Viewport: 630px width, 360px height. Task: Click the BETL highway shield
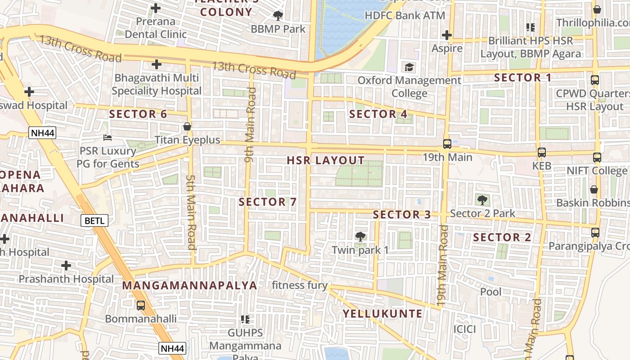tap(95, 220)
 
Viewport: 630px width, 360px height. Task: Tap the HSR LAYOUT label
tap(326, 161)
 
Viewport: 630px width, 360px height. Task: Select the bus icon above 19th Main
tap(447, 144)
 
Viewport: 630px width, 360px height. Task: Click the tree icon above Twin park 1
tap(360, 237)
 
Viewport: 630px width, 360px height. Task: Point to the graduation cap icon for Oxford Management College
tap(409, 67)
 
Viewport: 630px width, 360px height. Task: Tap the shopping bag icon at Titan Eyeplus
tap(187, 127)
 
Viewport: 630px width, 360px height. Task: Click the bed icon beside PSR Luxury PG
tap(107, 138)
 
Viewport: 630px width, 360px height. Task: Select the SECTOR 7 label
tap(268, 202)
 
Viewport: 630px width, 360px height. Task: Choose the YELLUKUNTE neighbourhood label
tap(383, 314)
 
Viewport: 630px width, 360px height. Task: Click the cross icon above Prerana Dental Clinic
tap(156, 8)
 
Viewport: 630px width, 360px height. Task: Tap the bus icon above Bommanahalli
tap(141, 306)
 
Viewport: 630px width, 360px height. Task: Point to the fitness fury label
tap(300, 285)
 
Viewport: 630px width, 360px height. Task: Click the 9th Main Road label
tap(250, 125)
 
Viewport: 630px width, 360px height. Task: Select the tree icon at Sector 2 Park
tap(482, 200)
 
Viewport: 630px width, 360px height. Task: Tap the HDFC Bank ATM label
tap(405, 15)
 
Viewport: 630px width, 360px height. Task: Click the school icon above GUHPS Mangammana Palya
tap(245, 319)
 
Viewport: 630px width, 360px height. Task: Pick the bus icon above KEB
tap(542, 153)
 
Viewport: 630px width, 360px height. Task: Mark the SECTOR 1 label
tap(522, 77)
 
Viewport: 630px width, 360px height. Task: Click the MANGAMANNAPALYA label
tap(189, 285)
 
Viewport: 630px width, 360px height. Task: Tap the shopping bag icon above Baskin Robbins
tap(594, 189)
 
